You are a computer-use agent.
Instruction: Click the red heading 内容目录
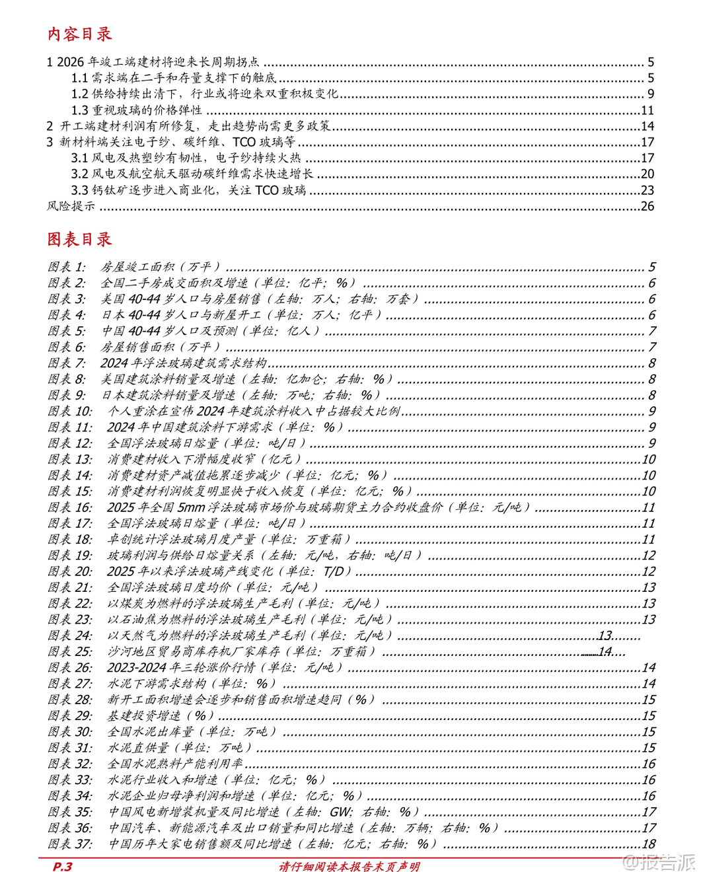click(79, 34)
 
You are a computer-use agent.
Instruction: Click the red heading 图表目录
click(79, 239)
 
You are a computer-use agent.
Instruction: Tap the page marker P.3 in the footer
click(62, 866)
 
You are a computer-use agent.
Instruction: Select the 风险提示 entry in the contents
click(71, 206)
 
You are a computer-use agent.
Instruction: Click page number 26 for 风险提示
click(647, 206)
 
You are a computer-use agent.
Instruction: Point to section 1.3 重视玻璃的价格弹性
click(136, 110)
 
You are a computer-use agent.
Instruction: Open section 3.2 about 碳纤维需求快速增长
click(192, 174)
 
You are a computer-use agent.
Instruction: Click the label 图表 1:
click(67, 267)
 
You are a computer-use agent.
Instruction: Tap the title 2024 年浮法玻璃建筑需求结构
click(183, 363)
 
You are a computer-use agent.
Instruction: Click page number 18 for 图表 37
click(649, 844)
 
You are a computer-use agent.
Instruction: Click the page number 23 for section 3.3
click(647, 190)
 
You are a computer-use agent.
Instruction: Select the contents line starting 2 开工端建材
click(188, 126)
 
